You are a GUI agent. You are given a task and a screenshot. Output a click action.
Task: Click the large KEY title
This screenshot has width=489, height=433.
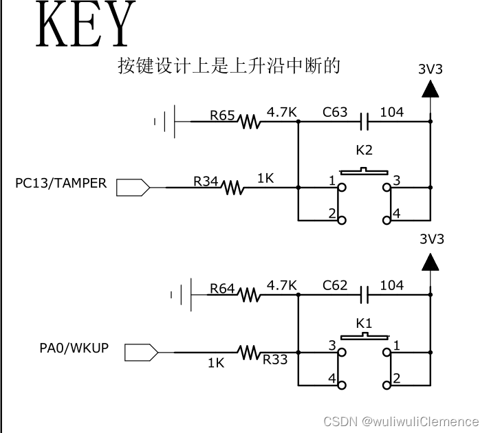(x=83, y=26)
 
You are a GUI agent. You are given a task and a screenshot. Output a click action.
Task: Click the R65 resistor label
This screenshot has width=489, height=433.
(x=223, y=115)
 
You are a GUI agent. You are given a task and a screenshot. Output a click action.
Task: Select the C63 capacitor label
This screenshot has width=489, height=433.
(x=335, y=112)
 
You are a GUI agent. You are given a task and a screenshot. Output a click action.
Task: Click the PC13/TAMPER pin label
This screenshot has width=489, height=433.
(x=61, y=184)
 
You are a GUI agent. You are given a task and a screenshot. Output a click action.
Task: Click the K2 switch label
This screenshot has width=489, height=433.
(x=364, y=150)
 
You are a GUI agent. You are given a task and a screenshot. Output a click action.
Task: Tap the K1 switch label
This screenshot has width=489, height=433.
(x=364, y=322)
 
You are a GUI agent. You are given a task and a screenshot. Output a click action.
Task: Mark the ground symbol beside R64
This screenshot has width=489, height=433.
(x=180, y=296)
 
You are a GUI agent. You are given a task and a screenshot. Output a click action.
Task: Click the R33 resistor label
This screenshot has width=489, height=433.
(x=275, y=358)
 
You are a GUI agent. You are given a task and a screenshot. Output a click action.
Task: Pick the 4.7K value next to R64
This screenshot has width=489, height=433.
(x=281, y=285)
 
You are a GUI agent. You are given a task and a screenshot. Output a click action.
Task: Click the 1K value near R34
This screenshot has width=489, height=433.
(x=266, y=178)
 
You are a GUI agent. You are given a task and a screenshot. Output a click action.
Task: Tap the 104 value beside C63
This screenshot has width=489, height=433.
(x=391, y=112)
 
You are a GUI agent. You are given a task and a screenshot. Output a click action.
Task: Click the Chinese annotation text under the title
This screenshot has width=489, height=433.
(x=229, y=66)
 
